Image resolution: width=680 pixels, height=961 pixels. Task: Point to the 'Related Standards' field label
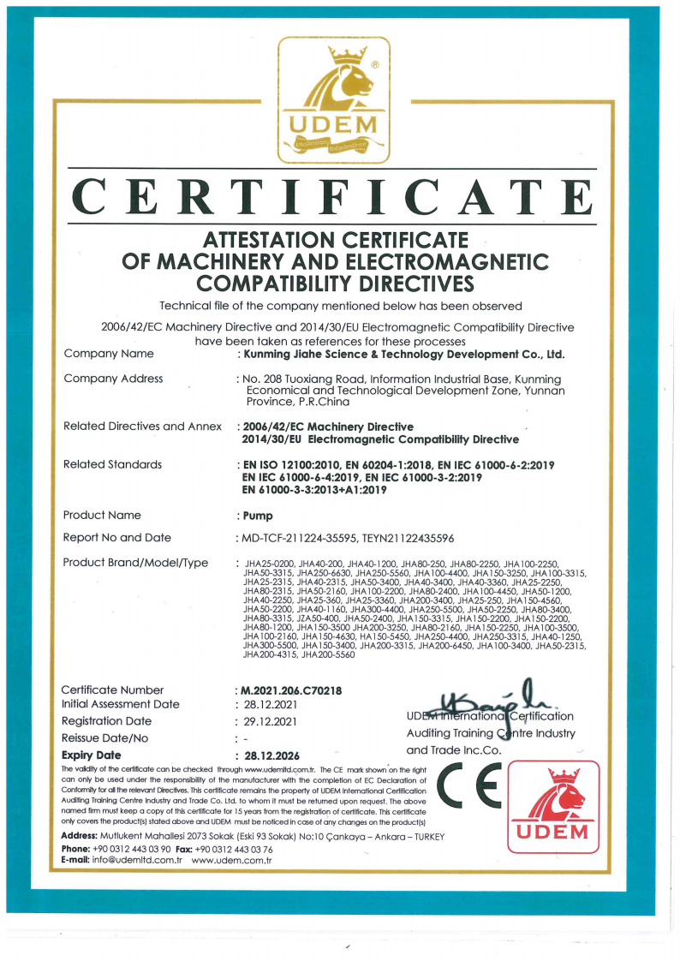click(x=112, y=464)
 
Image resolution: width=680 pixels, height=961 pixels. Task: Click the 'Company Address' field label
click(x=113, y=379)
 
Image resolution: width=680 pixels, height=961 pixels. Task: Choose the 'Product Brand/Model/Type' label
click(x=135, y=563)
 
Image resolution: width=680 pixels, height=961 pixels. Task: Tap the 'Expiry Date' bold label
click(x=92, y=755)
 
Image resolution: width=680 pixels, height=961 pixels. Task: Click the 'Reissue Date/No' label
click(x=105, y=738)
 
